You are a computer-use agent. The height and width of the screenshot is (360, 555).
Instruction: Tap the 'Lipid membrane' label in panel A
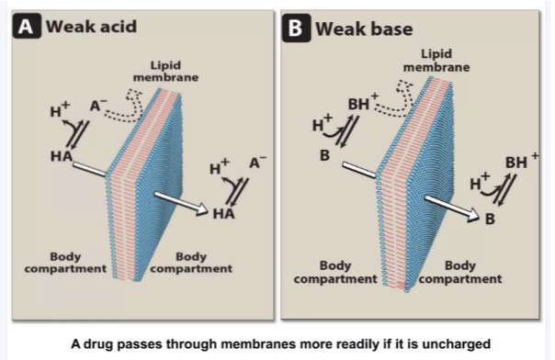(176, 72)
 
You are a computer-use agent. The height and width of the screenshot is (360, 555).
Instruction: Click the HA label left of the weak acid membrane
(61, 157)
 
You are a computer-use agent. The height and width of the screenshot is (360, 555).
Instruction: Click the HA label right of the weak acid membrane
(224, 214)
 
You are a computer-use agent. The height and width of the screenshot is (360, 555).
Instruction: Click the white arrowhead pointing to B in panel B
(470, 215)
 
